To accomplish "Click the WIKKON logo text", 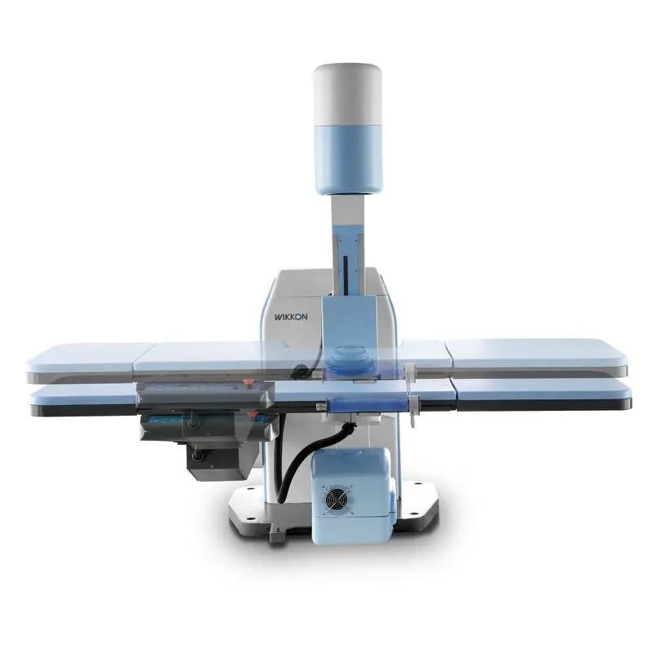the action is pyautogui.click(x=291, y=317).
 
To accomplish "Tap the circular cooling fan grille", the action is pyautogui.click(x=337, y=500).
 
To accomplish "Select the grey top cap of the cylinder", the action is pyautogui.click(x=348, y=95).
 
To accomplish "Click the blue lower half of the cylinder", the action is pyautogui.click(x=349, y=159).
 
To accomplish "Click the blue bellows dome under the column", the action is pyautogui.click(x=348, y=359).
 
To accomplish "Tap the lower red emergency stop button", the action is pyautogui.click(x=251, y=414).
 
